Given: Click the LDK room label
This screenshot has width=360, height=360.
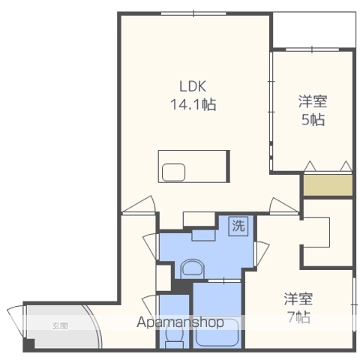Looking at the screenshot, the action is (193, 86).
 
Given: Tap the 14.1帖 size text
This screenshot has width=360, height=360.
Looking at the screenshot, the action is (193, 104).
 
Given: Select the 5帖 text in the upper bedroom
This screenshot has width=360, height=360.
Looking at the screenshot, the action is (313, 119).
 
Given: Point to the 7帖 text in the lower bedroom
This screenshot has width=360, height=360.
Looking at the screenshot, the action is (298, 317).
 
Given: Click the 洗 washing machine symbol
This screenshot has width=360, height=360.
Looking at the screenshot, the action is (238, 226).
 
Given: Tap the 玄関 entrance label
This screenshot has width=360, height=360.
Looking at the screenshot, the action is (60, 325).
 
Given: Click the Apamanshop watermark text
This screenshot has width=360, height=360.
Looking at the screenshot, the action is (180, 322).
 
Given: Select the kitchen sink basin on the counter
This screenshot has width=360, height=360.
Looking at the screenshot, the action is (173, 172).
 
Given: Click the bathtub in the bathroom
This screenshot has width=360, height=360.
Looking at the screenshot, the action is (217, 331).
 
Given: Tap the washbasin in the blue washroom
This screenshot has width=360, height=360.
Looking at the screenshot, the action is (192, 268).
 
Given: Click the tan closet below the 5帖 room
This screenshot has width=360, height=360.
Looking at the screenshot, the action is (328, 185).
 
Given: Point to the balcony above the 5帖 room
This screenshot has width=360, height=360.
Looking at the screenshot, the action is (314, 30).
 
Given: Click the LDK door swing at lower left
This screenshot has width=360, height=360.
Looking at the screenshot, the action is (139, 205).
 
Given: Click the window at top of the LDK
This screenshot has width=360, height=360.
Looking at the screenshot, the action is (193, 13).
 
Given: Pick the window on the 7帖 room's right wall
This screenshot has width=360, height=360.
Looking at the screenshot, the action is (354, 304).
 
